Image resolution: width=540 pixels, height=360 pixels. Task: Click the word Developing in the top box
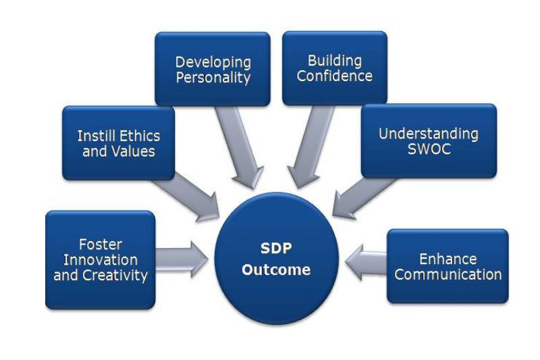coord(213,63)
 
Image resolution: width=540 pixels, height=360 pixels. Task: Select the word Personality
coord(213,78)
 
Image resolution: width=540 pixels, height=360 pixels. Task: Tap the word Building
coord(335,61)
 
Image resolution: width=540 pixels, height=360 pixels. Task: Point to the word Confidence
coord(334,76)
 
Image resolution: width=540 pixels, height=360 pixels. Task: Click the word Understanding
coord(429,134)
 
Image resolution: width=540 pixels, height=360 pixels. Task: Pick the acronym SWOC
coord(429,149)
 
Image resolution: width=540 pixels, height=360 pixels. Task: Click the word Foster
coord(101,245)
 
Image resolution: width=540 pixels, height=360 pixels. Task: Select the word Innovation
coord(101,260)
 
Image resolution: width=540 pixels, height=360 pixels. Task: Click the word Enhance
coord(448,259)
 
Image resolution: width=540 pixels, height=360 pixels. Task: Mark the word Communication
coord(448,275)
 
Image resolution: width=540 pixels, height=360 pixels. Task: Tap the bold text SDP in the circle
coord(276,248)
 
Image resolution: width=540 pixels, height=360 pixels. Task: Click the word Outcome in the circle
coord(276,269)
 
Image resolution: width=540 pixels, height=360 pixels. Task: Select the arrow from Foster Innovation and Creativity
coord(182,259)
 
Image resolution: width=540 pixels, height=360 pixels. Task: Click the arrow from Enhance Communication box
coord(366,262)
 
